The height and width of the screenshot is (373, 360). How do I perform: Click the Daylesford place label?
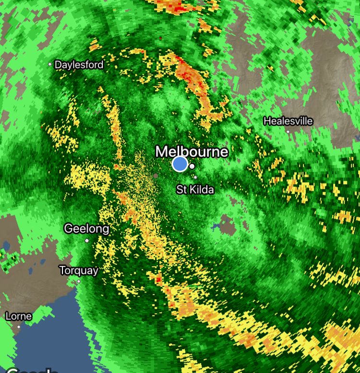[x=79, y=65]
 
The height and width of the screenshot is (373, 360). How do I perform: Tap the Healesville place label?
[x=288, y=121]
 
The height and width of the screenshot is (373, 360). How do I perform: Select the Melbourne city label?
[x=192, y=152]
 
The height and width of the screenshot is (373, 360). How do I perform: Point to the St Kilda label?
[x=195, y=190]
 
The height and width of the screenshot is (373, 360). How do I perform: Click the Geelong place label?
[x=87, y=229]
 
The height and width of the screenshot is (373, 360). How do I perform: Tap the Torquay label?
[x=79, y=270]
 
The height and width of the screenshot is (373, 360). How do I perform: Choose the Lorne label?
[x=19, y=316]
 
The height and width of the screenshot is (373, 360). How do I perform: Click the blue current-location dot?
[x=180, y=164]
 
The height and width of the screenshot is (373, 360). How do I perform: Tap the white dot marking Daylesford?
[x=50, y=64]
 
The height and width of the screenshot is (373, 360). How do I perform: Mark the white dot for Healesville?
[x=288, y=131]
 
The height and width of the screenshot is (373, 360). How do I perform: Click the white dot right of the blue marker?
[x=192, y=166]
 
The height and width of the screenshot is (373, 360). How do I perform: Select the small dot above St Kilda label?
[x=195, y=177]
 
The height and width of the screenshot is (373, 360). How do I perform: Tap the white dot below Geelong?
[x=87, y=240]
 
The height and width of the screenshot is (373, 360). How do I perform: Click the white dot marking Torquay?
[x=79, y=281]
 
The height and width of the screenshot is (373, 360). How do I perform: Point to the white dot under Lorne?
[x=19, y=327]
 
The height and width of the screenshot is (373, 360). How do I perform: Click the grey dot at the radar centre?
[x=156, y=176]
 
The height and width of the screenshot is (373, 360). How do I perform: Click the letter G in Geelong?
[x=69, y=229]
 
